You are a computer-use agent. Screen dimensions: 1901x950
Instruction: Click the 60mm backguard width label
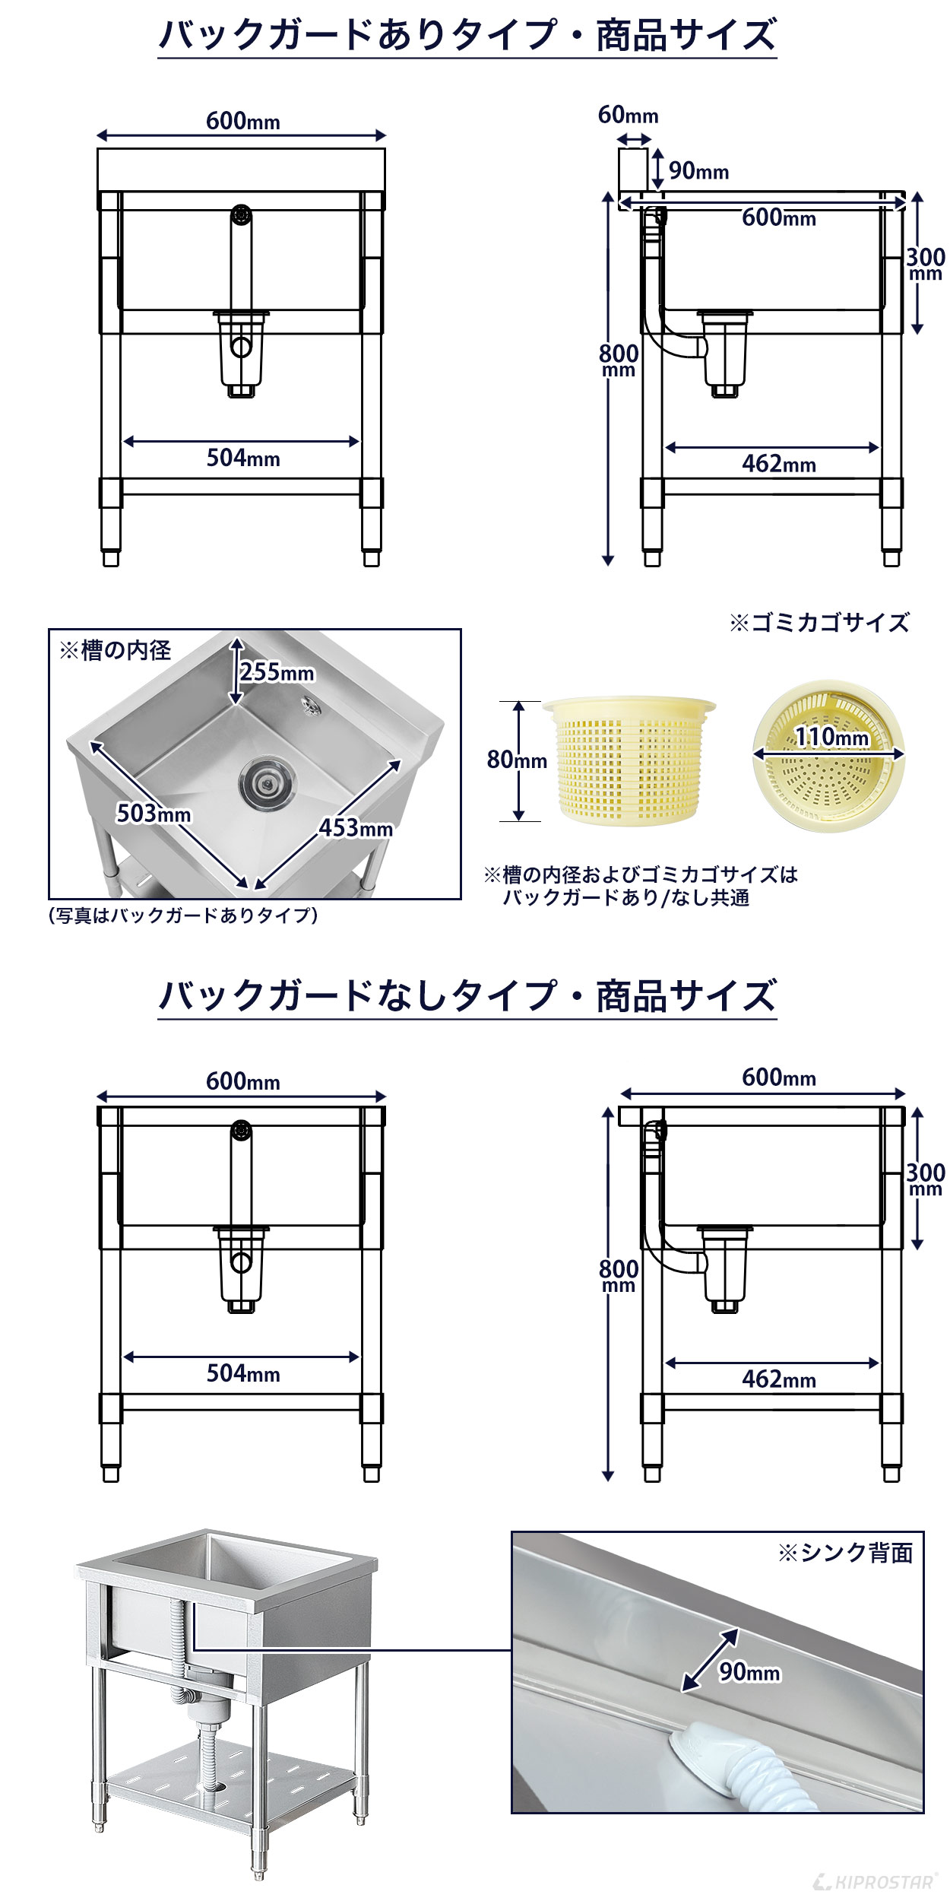coord(628,115)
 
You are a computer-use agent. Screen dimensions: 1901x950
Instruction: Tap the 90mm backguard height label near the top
coord(698,171)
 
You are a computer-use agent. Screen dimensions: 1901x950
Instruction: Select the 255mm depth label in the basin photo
coord(277,672)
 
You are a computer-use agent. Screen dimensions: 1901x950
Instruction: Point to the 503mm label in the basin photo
coord(153,814)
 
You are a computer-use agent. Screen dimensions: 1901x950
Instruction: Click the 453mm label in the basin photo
coord(356,827)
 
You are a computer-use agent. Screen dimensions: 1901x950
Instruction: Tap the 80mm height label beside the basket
coord(517,760)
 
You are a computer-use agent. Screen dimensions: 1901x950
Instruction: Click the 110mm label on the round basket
coord(831,736)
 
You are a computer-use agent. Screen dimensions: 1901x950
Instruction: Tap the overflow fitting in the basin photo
coord(309,704)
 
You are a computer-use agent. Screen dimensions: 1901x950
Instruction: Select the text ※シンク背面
coord(844,1553)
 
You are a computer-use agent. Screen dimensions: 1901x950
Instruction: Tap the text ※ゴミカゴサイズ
coord(819,623)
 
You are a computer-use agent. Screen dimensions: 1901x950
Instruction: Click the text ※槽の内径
coord(115,650)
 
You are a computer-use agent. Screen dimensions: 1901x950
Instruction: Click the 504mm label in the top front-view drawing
coord(243,459)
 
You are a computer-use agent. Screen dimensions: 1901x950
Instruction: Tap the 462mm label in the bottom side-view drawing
coord(779,1379)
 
